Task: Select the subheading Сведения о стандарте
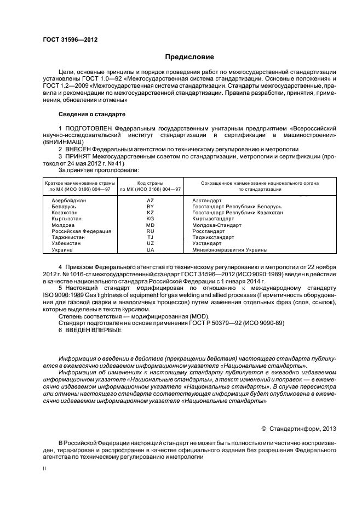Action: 91,114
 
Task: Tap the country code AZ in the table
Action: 151,201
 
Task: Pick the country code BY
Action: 151,207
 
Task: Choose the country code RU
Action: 151,231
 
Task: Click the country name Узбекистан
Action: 66,243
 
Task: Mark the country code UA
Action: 151,249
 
